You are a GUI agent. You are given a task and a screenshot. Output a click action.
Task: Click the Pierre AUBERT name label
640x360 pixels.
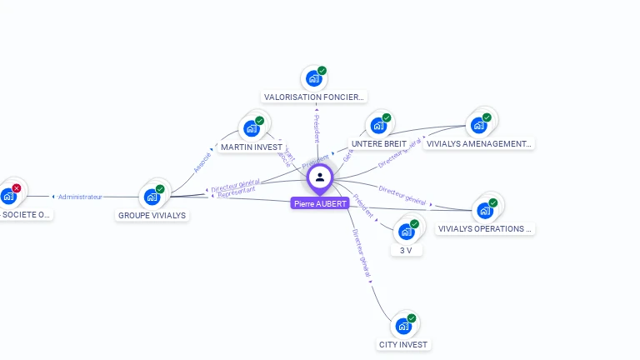320,203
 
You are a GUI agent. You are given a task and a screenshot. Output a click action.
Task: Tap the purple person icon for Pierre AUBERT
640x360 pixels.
320,177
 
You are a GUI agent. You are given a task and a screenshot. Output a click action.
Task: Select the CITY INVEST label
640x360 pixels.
402,344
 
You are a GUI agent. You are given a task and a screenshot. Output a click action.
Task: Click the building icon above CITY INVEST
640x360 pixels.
404,326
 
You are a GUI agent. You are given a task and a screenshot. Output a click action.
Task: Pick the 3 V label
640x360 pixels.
406,250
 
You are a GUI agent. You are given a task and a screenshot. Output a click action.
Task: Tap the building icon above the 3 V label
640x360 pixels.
407,231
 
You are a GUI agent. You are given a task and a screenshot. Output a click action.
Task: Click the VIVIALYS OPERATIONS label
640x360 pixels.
484,228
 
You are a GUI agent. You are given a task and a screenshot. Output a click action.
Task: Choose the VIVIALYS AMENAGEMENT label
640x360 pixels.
477,144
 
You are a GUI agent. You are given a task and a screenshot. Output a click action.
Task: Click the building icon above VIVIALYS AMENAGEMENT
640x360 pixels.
478,125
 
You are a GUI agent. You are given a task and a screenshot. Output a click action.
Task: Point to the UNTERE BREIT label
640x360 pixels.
378,144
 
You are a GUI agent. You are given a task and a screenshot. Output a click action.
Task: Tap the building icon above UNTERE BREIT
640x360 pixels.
378,125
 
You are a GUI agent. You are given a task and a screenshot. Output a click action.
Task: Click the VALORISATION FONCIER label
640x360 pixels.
314,97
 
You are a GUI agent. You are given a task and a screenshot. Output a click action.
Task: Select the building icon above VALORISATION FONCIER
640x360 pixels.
314,78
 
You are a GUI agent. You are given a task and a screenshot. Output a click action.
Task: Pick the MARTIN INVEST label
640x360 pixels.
251,147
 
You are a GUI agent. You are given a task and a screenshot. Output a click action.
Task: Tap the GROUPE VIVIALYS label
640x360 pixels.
152,215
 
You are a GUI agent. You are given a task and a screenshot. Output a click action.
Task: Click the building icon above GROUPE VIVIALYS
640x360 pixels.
152,197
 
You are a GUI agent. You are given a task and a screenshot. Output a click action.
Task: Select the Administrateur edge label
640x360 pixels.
81,197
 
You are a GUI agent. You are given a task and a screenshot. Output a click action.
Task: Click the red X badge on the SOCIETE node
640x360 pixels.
17,188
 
